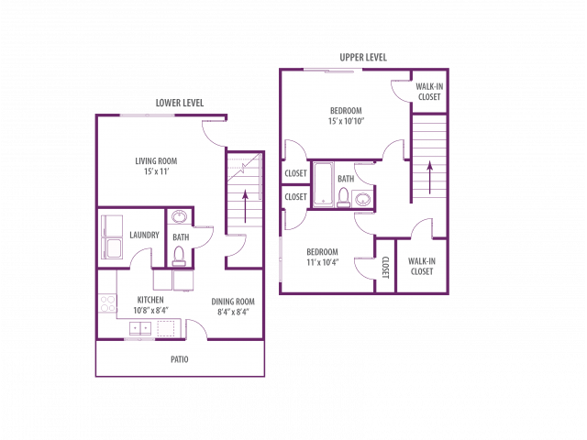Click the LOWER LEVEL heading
click(x=180, y=103)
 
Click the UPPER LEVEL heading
click(x=363, y=57)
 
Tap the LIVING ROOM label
click(x=156, y=161)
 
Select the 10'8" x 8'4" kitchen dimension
click(x=150, y=310)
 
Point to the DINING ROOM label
click(x=233, y=302)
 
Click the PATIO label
click(x=180, y=359)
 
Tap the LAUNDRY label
click(x=145, y=235)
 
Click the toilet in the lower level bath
click(x=179, y=256)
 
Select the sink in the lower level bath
click(x=179, y=216)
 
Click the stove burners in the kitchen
click(x=107, y=303)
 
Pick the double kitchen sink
click(x=140, y=328)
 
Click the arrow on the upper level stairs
click(x=430, y=177)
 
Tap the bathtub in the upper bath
click(x=324, y=184)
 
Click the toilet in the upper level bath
click(x=344, y=197)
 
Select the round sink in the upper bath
click(x=362, y=199)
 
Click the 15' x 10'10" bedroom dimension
click(x=347, y=121)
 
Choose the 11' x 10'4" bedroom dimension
click(x=322, y=262)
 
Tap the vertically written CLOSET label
click(x=386, y=268)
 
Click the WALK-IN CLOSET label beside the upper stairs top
click(x=429, y=92)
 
